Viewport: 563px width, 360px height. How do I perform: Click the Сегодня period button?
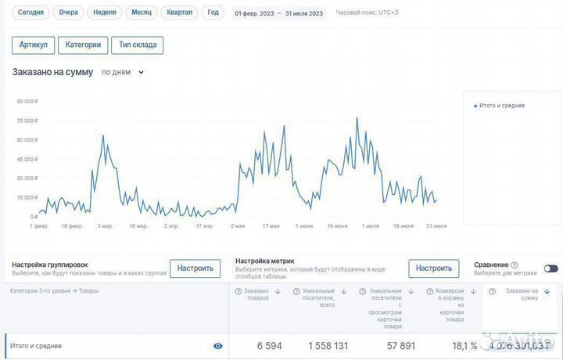[30, 13]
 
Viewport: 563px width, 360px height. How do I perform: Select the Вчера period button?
[68, 13]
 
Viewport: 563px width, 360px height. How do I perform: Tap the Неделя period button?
[104, 13]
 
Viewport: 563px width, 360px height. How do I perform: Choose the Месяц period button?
[142, 13]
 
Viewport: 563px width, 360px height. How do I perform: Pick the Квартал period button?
[180, 13]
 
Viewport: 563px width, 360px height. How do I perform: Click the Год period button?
[213, 13]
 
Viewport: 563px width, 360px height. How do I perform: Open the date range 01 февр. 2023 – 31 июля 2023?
[278, 13]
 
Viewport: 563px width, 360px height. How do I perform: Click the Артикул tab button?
[34, 45]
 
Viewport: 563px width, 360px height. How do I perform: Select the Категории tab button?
[83, 45]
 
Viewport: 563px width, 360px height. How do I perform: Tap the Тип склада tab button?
[137, 45]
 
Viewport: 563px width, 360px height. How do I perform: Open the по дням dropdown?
[123, 73]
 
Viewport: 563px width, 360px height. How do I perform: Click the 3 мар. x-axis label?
[105, 226]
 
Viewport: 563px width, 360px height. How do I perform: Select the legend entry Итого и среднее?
[501, 106]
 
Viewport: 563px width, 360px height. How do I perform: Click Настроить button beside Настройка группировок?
[195, 268]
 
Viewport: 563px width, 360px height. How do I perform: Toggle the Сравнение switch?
[550, 268]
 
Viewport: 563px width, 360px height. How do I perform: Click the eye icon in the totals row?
[217, 346]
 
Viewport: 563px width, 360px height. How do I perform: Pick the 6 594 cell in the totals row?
[269, 346]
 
